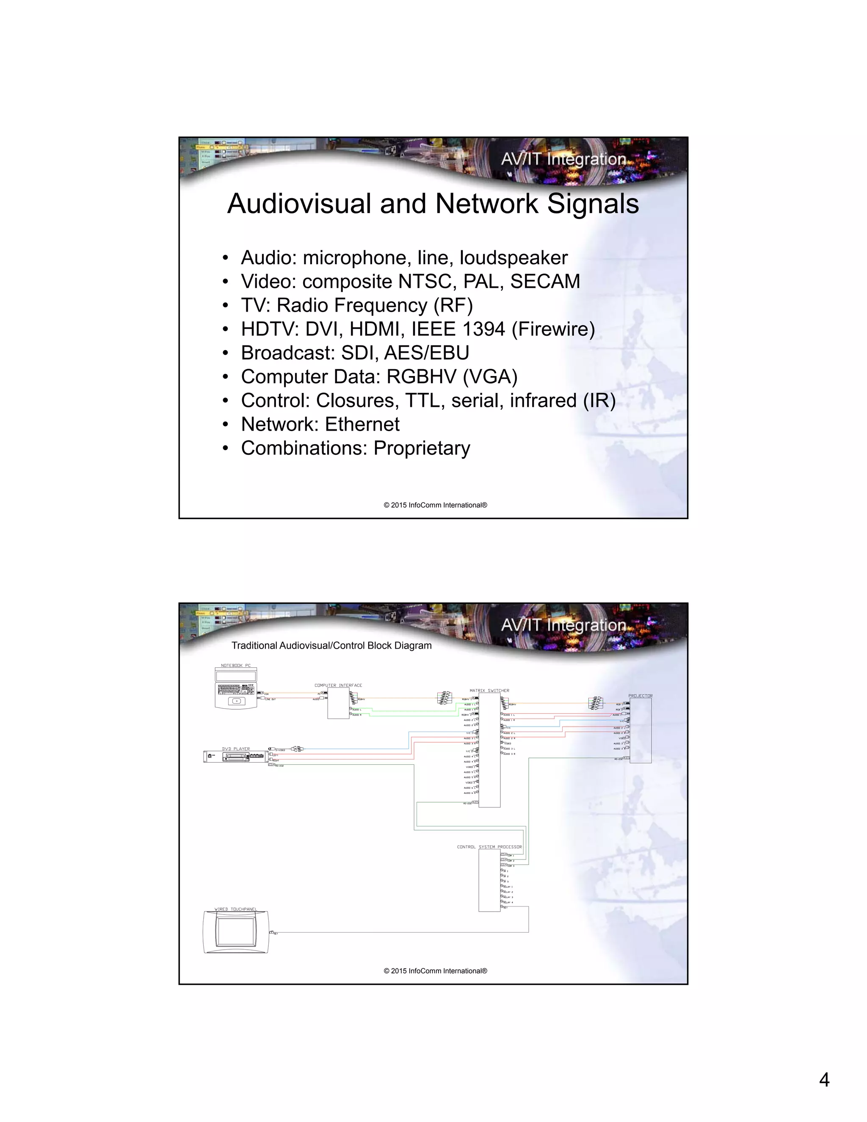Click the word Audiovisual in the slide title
coord(299,204)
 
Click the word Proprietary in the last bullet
coord(421,448)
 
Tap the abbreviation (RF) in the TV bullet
coord(453,306)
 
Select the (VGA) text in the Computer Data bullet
coord(490,377)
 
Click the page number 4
coord(824,1080)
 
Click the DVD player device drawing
coord(236,757)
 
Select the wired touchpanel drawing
coord(236,932)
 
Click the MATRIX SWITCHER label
coord(489,691)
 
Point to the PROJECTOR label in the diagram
coord(640,696)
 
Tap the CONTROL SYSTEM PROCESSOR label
coord(489,847)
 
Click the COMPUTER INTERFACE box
coord(338,703)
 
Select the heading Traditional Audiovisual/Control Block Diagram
coord(331,646)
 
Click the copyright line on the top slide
coord(435,505)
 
